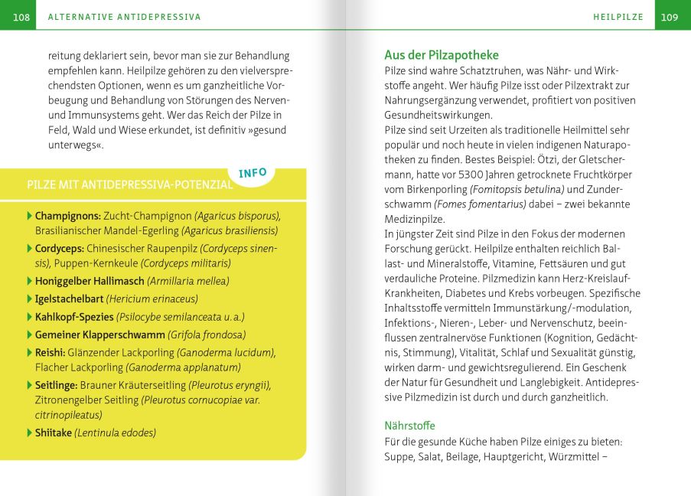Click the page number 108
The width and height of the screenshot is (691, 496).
tap(21, 17)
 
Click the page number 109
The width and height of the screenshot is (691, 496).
tap(670, 17)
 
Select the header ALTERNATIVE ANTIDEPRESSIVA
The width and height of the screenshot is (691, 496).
tap(124, 17)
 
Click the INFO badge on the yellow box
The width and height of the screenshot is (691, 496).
tap(253, 173)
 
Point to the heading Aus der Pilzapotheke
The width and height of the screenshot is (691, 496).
tap(441, 55)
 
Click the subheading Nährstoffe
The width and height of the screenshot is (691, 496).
tap(409, 426)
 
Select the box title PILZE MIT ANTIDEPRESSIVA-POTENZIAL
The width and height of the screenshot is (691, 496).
tap(129, 184)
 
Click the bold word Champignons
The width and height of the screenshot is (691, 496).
tap(67, 216)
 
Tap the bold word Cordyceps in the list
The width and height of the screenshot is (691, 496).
tap(59, 249)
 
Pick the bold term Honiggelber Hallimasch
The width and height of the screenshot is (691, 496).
tap(90, 282)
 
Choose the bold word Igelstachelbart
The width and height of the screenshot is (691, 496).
tap(69, 299)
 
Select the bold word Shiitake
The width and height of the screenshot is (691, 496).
tap(54, 433)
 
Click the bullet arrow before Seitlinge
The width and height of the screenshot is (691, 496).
tap(29, 385)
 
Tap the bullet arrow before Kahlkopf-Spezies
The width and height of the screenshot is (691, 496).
tap(29, 316)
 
